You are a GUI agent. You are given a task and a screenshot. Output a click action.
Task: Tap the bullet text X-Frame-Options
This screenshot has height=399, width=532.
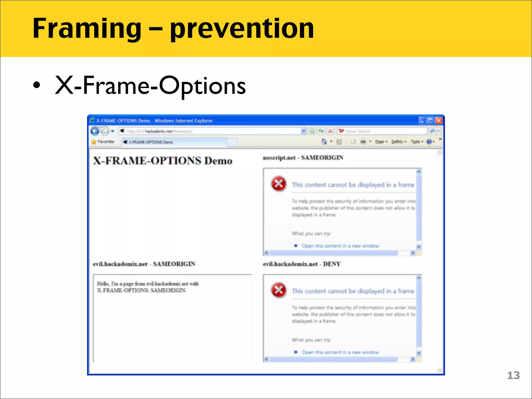(150, 86)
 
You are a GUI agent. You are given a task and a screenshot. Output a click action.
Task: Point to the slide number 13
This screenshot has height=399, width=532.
(513, 375)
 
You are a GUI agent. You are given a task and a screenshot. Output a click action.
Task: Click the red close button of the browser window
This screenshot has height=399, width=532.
(439, 121)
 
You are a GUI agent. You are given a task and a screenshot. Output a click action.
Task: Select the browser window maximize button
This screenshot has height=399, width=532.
(431, 121)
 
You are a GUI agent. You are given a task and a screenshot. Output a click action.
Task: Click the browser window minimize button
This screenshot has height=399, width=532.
(422, 121)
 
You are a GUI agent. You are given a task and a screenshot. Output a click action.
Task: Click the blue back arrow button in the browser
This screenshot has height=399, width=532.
(95, 131)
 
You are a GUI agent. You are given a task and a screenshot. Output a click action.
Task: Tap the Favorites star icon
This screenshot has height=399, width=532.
(94, 142)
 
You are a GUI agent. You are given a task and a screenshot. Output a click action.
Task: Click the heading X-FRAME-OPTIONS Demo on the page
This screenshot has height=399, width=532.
(163, 161)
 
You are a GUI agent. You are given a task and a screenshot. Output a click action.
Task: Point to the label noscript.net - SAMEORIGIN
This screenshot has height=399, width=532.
(303, 158)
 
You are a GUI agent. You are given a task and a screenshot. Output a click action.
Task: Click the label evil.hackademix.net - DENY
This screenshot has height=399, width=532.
(302, 264)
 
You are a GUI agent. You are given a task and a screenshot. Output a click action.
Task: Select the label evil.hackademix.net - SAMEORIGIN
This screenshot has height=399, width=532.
(144, 264)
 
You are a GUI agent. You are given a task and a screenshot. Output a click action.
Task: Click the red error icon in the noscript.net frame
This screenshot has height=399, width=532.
(279, 184)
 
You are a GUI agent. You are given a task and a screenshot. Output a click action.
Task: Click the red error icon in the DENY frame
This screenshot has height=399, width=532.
(279, 290)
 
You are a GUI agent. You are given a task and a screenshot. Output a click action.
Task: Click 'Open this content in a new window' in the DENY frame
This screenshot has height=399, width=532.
(340, 352)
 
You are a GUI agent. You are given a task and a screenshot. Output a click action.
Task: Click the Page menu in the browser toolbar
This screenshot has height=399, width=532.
(381, 142)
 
